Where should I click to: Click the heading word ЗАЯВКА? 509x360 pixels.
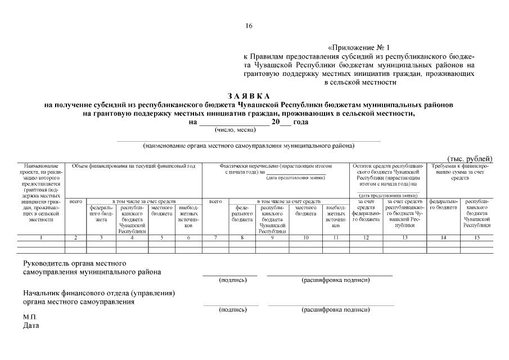pyautogui.click(x=249, y=96)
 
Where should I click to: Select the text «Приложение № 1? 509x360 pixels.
pyautogui.click(x=358, y=48)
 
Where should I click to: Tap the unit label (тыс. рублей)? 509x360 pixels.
pyautogui.click(x=470, y=159)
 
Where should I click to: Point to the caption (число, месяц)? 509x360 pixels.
pyautogui.click(x=235, y=130)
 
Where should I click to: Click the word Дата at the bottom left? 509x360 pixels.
pyautogui.click(x=31, y=326)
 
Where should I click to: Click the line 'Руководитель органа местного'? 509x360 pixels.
pyautogui.click(x=74, y=263)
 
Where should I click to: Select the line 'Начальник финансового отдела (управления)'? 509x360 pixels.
pyautogui.click(x=99, y=292)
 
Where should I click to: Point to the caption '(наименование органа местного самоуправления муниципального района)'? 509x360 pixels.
pyautogui.click(x=249, y=146)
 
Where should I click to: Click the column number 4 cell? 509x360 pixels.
pyautogui.click(x=132, y=238)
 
